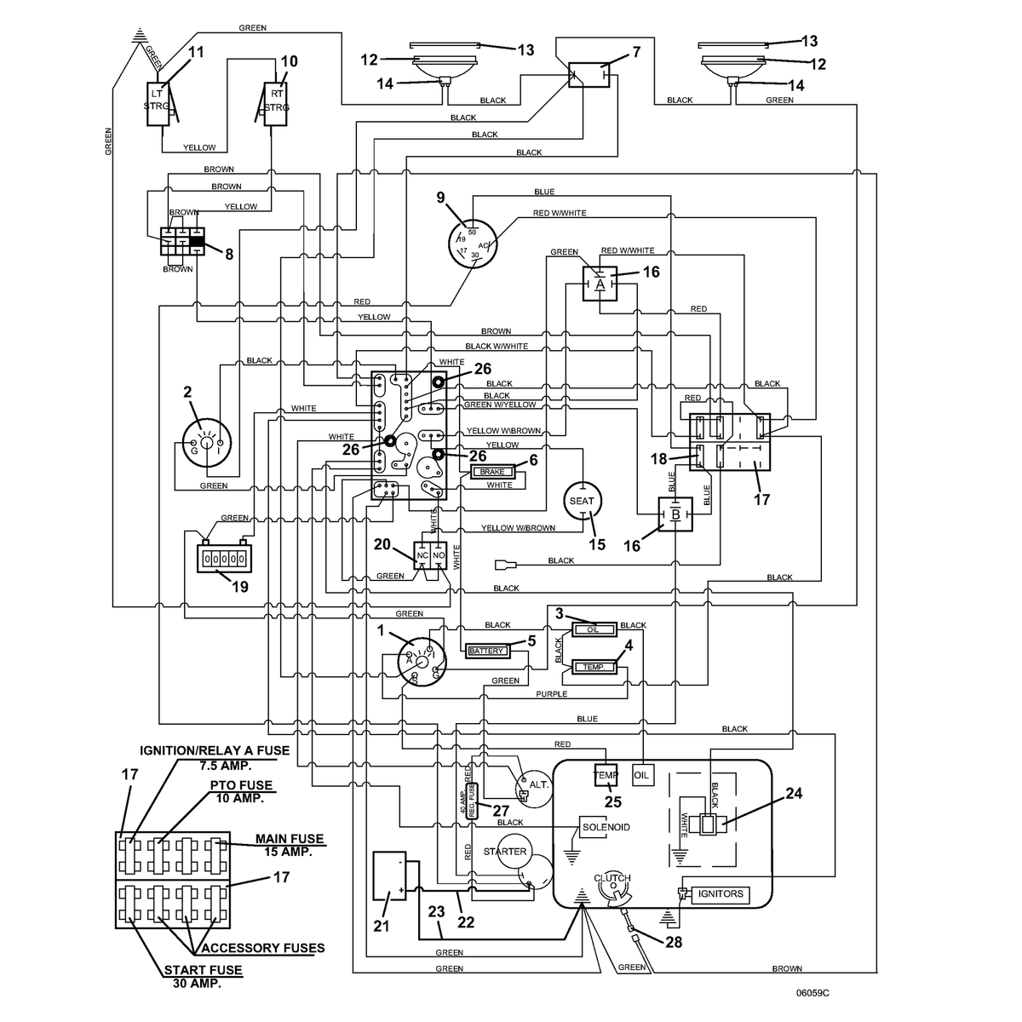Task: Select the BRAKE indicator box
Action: [491, 472]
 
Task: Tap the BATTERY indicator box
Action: [486, 651]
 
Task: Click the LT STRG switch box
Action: [158, 103]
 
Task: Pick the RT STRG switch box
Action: [276, 103]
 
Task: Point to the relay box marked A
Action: [600, 284]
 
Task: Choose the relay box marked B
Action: [675, 514]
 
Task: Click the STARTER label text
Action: [504, 851]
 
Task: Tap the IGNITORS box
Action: [720, 893]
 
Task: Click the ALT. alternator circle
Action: [534, 789]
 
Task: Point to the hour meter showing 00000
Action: [224, 559]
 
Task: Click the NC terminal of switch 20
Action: [422, 555]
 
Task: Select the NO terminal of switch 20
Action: [439, 555]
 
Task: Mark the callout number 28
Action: [674, 942]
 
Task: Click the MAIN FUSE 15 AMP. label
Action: [289, 845]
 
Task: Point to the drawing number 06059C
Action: [812, 993]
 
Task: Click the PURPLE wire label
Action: [552, 694]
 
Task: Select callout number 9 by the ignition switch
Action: [440, 198]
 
